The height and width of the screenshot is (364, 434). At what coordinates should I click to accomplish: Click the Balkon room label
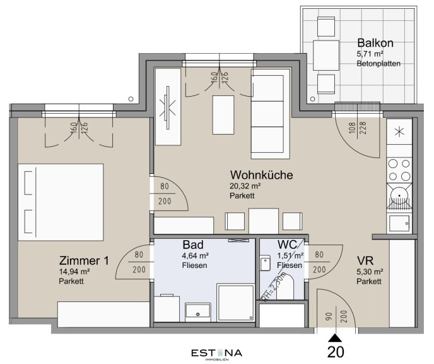tap(375, 43)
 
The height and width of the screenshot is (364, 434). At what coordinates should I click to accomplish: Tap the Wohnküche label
tap(262, 175)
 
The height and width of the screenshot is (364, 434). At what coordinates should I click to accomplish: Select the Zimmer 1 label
tap(84, 260)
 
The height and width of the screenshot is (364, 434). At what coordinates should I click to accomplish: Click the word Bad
tap(193, 245)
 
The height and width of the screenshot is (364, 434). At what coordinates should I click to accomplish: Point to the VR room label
tap(365, 261)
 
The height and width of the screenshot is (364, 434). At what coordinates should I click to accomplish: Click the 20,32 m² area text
tap(245, 186)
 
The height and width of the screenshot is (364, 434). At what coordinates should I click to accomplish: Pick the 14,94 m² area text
tap(74, 271)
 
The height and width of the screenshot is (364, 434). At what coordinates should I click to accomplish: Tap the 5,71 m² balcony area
tap(370, 54)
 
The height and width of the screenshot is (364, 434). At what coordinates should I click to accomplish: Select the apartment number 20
tap(336, 352)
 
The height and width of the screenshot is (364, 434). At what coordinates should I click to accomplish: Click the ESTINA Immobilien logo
tap(217, 355)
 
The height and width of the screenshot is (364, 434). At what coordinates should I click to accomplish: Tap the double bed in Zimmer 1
tap(61, 202)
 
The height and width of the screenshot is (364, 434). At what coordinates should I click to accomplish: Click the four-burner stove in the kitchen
tap(399, 170)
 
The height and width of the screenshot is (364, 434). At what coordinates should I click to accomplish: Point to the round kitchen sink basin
tap(399, 196)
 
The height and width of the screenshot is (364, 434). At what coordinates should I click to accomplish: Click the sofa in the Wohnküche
tap(271, 114)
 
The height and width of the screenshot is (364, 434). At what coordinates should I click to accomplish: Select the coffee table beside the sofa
tap(223, 115)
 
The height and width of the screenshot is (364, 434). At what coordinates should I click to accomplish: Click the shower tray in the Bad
tap(235, 303)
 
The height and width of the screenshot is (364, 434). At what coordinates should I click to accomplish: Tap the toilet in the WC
tap(285, 287)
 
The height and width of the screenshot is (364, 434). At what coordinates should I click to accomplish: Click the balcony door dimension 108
tap(353, 128)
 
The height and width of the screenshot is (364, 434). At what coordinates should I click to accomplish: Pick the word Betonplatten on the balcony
tap(378, 63)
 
